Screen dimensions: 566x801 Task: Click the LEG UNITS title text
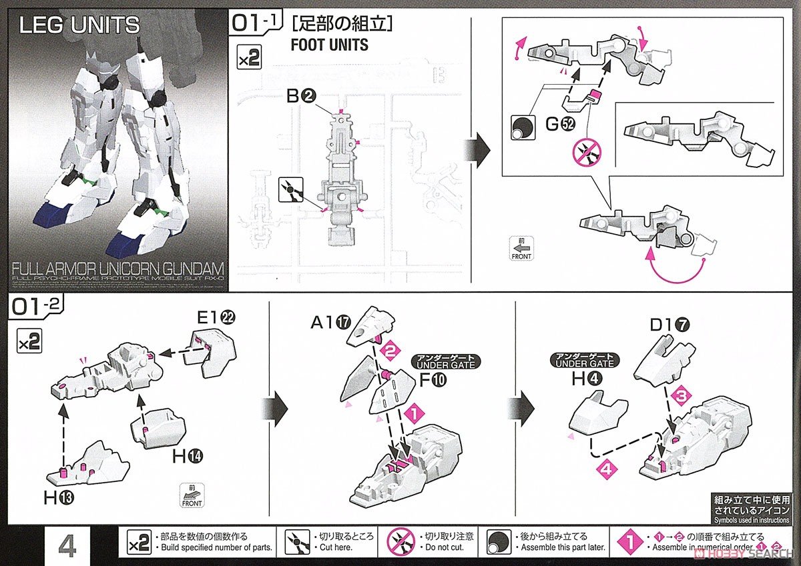click(x=79, y=25)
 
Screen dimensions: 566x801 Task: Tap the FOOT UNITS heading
click(x=329, y=45)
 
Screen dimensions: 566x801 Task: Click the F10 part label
click(x=435, y=381)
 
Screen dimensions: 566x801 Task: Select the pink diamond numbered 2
click(x=392, y=349)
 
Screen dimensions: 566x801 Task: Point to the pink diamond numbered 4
click(x=606, y=469)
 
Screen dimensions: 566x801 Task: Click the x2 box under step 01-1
click(x=249, y=59)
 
